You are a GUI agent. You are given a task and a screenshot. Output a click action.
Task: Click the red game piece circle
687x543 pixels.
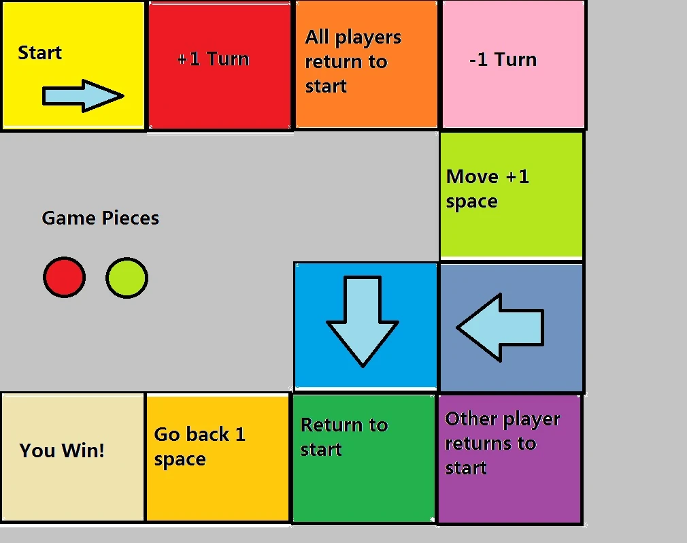64,278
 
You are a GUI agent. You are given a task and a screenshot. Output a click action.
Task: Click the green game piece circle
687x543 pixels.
127,278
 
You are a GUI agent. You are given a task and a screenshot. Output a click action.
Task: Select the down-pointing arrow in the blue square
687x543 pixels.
363,320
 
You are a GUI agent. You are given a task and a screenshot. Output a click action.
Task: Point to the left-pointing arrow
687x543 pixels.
501,327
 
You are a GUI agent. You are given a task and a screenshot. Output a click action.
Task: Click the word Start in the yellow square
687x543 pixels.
39,53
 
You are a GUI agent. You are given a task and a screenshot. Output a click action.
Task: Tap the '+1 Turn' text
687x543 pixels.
213,59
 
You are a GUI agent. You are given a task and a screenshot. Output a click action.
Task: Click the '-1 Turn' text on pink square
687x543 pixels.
503,60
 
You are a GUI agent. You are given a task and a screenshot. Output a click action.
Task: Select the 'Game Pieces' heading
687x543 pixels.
100,218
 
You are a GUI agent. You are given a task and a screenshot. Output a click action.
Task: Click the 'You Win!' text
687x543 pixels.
62,450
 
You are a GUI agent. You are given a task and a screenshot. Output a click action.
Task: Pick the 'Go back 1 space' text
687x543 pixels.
199,446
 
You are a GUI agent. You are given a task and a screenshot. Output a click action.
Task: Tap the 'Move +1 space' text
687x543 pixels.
487,189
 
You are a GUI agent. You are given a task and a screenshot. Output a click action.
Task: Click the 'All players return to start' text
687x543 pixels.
352,61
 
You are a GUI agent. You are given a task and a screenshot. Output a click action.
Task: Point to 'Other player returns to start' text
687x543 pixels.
502,443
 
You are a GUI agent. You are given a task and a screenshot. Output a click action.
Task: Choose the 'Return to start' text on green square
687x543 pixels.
343,437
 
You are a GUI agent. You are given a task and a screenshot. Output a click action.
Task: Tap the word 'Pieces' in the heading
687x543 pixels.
130,218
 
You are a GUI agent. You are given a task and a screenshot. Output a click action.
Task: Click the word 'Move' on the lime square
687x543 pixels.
472,177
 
